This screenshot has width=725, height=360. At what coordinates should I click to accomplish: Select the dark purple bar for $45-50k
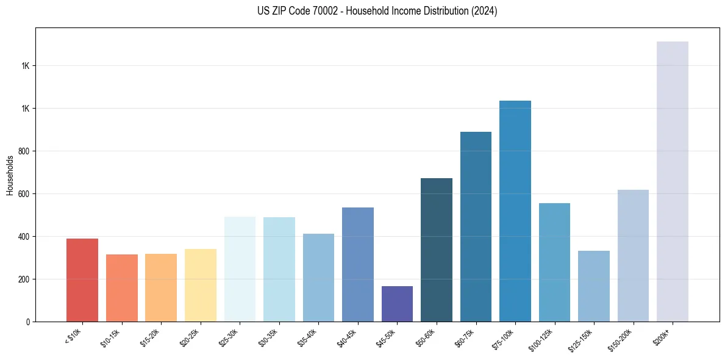pyautogui.click(x=397, y=304)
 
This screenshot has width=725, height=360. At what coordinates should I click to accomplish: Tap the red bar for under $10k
pyautogui.click(x=82, y=280)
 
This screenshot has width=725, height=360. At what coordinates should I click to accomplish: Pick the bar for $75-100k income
pyautogui.click(x=515, y=211)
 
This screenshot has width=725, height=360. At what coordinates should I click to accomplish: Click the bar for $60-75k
pyautogui.click(x=476, y=226)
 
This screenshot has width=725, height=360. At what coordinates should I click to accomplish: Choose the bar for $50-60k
pyautogui.click(x=437, y=250)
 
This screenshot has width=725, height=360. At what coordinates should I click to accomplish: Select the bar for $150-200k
pyautogui.click(x=633, y=256)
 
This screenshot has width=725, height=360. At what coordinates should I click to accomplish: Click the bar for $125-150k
pyautogui.click(x=594, y=286)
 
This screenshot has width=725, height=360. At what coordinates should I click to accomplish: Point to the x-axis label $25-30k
pyautogui.click(x=229, y=337)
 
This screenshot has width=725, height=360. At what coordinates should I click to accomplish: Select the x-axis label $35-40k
pyautogui.click(x=307, y=337)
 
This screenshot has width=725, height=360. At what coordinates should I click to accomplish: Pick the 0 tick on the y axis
pyautogui.click(x=28, y=322)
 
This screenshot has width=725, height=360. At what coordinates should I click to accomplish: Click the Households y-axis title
pyautogui.click(x=10, y=175)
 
